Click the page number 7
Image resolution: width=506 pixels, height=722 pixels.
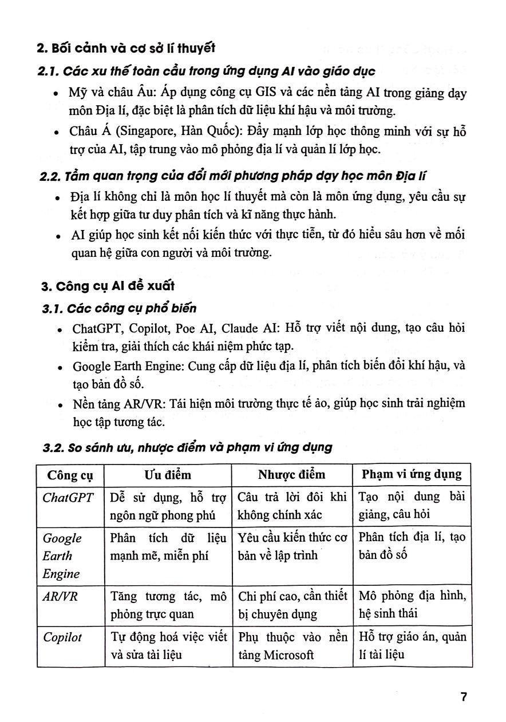[x=464, y=697]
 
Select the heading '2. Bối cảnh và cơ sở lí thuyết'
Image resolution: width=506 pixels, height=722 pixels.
[x=126, y=48]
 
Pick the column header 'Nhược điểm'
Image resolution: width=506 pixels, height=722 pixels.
[x=291, y=475]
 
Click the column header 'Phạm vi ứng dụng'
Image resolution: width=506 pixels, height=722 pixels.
[x=412, y=475]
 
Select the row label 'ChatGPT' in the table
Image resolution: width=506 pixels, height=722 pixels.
[x=68, y=497]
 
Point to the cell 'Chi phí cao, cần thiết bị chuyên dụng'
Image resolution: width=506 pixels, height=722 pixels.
[x=292, y=605]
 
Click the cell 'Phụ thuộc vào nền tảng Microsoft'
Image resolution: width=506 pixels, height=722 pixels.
[x=292, y=646]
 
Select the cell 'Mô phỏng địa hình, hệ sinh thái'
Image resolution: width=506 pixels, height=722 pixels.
[x=412, y=605]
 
